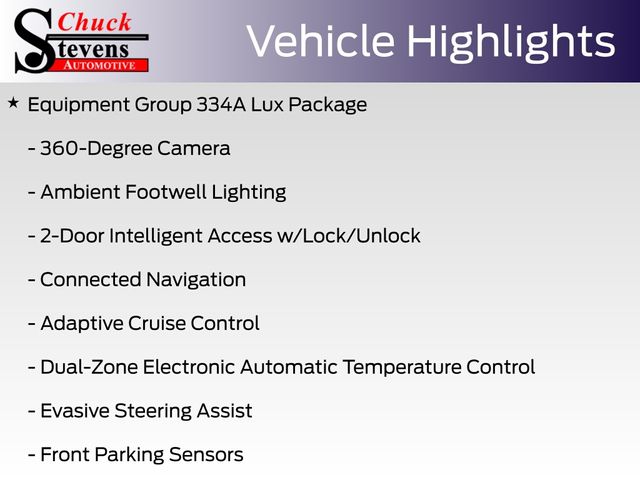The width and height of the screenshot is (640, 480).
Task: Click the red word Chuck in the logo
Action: click(94, 22)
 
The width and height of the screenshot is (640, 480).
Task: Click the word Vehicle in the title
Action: click(320, 41)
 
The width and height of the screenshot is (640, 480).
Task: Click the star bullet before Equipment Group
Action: click(13, 103)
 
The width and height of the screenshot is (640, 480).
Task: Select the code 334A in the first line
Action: click(221, 104)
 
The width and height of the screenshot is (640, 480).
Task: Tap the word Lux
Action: click(267, 104)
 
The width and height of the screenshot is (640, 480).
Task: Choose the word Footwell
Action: click(166, 192)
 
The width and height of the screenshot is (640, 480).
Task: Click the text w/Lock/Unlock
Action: click(349, 236)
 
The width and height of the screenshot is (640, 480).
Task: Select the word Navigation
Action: click(196, 280)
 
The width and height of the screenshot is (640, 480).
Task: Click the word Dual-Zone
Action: click(89, 367)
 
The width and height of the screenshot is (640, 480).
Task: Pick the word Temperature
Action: click(402, 368)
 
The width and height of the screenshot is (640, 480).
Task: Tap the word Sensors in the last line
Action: click(206, 455)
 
